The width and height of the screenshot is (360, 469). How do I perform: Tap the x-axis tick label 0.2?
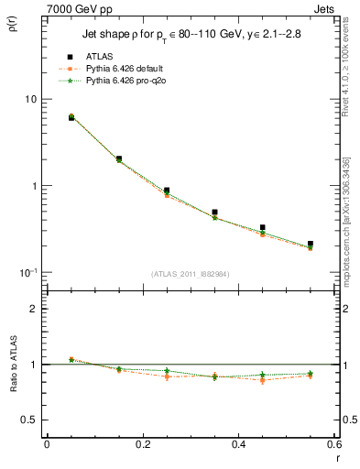point(143,444)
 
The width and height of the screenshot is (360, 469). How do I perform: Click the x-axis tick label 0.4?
point(239,444)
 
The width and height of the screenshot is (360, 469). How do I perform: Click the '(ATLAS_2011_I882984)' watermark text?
point(191,273)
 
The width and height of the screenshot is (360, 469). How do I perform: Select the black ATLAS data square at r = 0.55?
point(311,245)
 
